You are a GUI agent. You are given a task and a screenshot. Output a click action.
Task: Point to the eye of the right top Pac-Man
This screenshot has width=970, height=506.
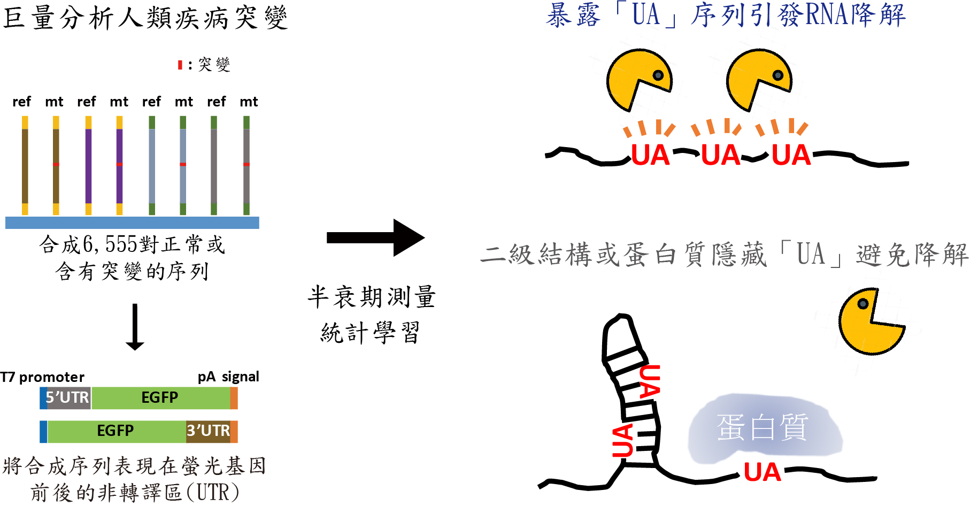[778, 75]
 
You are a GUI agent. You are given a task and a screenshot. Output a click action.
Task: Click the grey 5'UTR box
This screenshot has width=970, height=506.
[68, 398]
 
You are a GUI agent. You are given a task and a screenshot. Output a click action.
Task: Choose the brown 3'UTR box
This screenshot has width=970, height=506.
[208, 431]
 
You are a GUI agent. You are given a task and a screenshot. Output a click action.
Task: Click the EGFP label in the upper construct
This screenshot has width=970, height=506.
[159, 397]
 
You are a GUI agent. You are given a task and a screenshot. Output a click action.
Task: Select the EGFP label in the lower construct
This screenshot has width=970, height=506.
[115, 431]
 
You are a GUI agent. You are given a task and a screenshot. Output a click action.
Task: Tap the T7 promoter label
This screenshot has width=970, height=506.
[42, 377]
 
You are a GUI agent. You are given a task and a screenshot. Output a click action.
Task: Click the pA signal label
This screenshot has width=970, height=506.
[228, 377]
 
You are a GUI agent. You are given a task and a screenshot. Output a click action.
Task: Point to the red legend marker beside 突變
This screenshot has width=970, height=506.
[180, 65]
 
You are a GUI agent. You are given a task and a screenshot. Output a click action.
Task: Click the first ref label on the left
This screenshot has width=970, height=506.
[22, 102]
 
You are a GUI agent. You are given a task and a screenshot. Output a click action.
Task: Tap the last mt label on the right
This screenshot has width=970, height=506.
[249, 102]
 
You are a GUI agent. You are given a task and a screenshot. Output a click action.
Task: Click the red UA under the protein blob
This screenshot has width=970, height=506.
[762, 472]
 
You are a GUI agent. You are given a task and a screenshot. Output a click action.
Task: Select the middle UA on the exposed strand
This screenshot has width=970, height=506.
[720, 155]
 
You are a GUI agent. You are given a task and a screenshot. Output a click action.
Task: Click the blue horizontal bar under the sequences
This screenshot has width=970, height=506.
[132, 223]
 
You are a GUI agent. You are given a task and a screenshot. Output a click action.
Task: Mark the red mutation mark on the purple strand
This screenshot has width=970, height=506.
[119, 164]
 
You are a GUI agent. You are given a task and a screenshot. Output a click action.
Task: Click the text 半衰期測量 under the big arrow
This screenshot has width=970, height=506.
[372, 297]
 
